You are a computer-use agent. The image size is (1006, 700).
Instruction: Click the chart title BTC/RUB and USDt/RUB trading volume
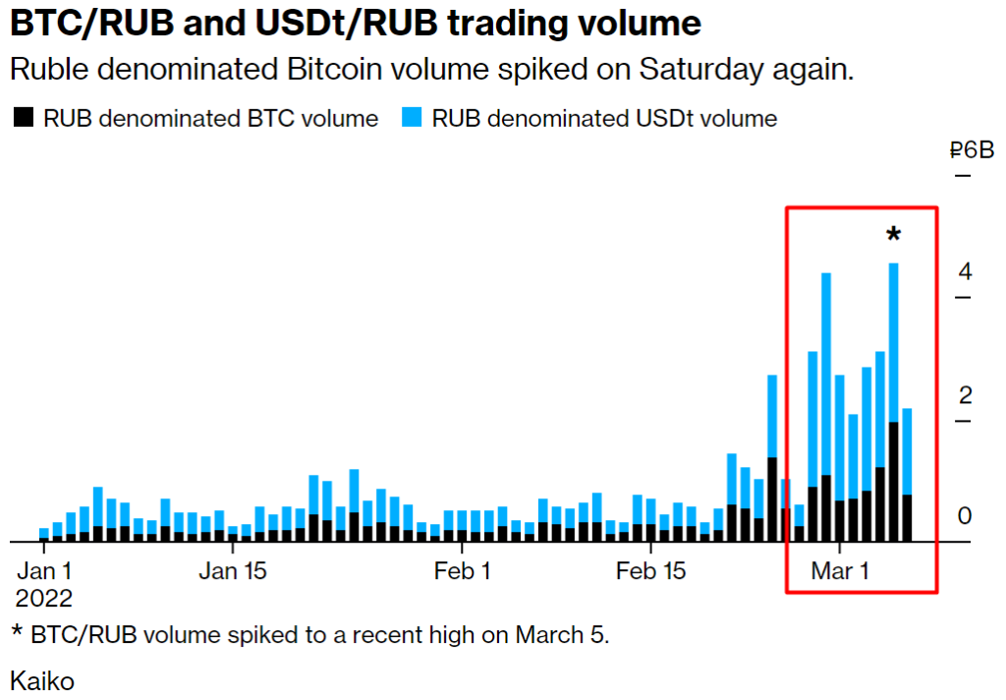(x=356, y=24)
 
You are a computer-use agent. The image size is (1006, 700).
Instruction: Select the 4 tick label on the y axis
(x=965, y=271)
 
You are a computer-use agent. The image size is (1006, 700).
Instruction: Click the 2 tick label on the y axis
(x=965, y=395)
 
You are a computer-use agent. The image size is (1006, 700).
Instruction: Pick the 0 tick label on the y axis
(x=965, y=515)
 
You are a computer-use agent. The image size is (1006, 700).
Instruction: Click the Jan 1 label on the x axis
(x=45, y=571)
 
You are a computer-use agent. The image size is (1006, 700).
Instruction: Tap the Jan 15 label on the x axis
(x=233, y=571)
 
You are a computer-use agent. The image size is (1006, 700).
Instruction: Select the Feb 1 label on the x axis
(x=462, y=571)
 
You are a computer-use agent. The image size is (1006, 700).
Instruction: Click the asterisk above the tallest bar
(x=893, y=235)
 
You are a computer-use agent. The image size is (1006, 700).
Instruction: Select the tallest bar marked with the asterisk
(x=893, y=393)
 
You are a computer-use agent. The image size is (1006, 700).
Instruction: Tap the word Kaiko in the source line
(x=42, y=680)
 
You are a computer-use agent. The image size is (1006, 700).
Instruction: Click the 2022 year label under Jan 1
(x=44, y=598)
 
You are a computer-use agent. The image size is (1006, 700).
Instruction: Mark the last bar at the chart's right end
(x=907, y=472)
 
